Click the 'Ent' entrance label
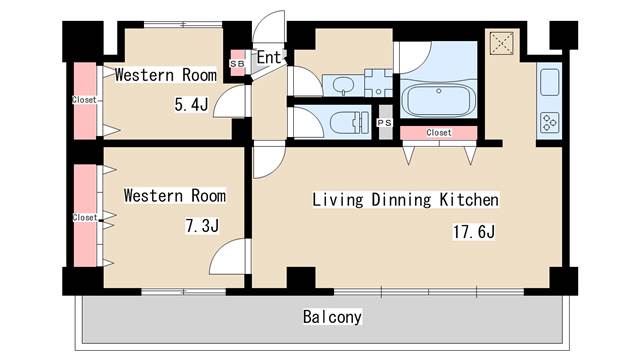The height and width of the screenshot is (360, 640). pyautogui.click(x=269, y=58)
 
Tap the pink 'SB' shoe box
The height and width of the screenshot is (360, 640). pyautogui.click(x=237, y=63)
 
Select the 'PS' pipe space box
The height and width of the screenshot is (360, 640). pyautogui.click(x=385, y=122)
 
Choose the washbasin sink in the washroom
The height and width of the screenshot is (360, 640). pyautogui.click(x=341, y=84)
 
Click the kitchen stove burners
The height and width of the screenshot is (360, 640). pyautogui.click(x=551, y=122)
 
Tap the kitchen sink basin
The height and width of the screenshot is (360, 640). pyautogui.click(x=551, y=82)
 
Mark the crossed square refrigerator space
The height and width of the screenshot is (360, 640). pyautogui.click(x=502, y=43)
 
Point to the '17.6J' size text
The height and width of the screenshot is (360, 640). pyautogui.click(x=473, y=232)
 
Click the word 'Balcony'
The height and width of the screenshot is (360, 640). pyautogui.click(x=332, y=317)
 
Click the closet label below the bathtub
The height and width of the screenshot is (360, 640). pyautogui.click(x=438, y=132)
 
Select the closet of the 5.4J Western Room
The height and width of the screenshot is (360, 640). pyautogui.click(x=86, y=100)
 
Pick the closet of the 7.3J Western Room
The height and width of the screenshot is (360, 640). pyautogui.click(x=86, y=216)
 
